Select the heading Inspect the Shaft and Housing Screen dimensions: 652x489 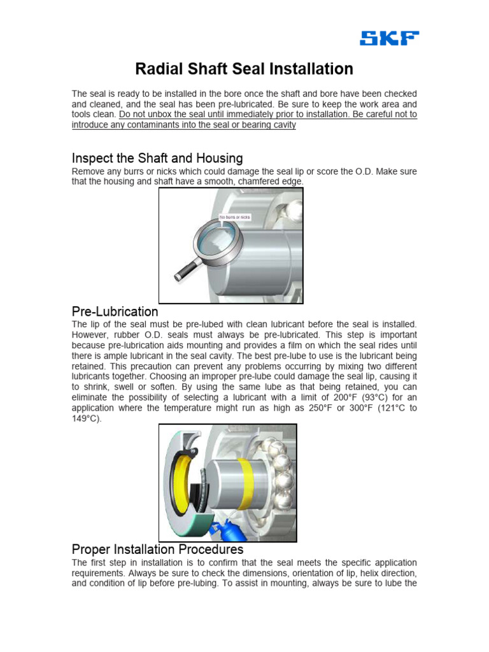(157, 158)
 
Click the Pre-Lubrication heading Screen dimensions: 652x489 (115, 311)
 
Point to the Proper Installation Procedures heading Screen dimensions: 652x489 (157, 548)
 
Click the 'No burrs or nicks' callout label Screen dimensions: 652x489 (235, 217)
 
